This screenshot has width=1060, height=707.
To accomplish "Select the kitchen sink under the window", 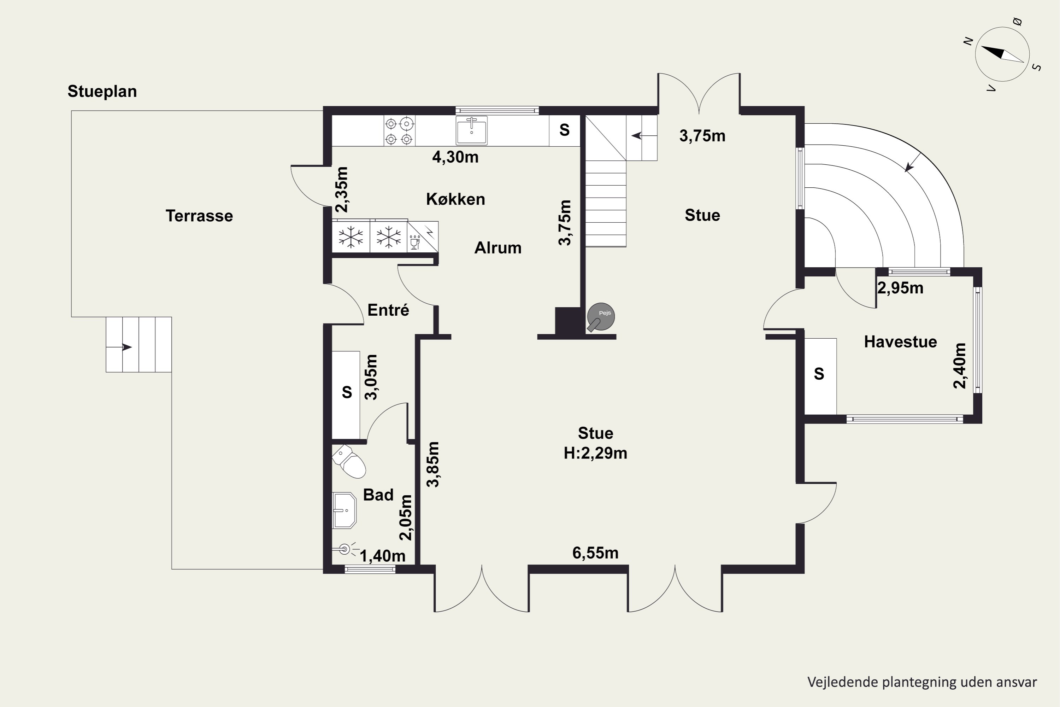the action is tap(471, 130).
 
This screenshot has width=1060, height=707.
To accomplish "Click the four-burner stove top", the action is tap(399, 131).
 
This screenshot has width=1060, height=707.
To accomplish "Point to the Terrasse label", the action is tap(199, 216).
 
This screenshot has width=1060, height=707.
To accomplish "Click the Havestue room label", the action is tap(900, 342).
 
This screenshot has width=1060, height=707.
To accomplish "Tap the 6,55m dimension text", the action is tap(595, 553).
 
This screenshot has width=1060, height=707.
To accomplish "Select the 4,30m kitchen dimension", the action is tap(455, 157).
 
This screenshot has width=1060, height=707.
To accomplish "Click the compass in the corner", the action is tap(1002, 54).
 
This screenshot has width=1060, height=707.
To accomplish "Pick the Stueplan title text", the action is tap(102, 92).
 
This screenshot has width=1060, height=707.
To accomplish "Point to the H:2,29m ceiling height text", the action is tap(595, 453).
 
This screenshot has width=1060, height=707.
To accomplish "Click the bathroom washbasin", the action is tap(344, 510).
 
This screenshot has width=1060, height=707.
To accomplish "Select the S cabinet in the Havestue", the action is tap(820, 376).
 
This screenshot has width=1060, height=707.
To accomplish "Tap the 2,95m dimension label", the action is tap(900, 288).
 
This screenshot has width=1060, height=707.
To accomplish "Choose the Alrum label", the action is tap(498, 248).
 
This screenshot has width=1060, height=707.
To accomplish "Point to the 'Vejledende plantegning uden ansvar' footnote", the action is tap(922, 682).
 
